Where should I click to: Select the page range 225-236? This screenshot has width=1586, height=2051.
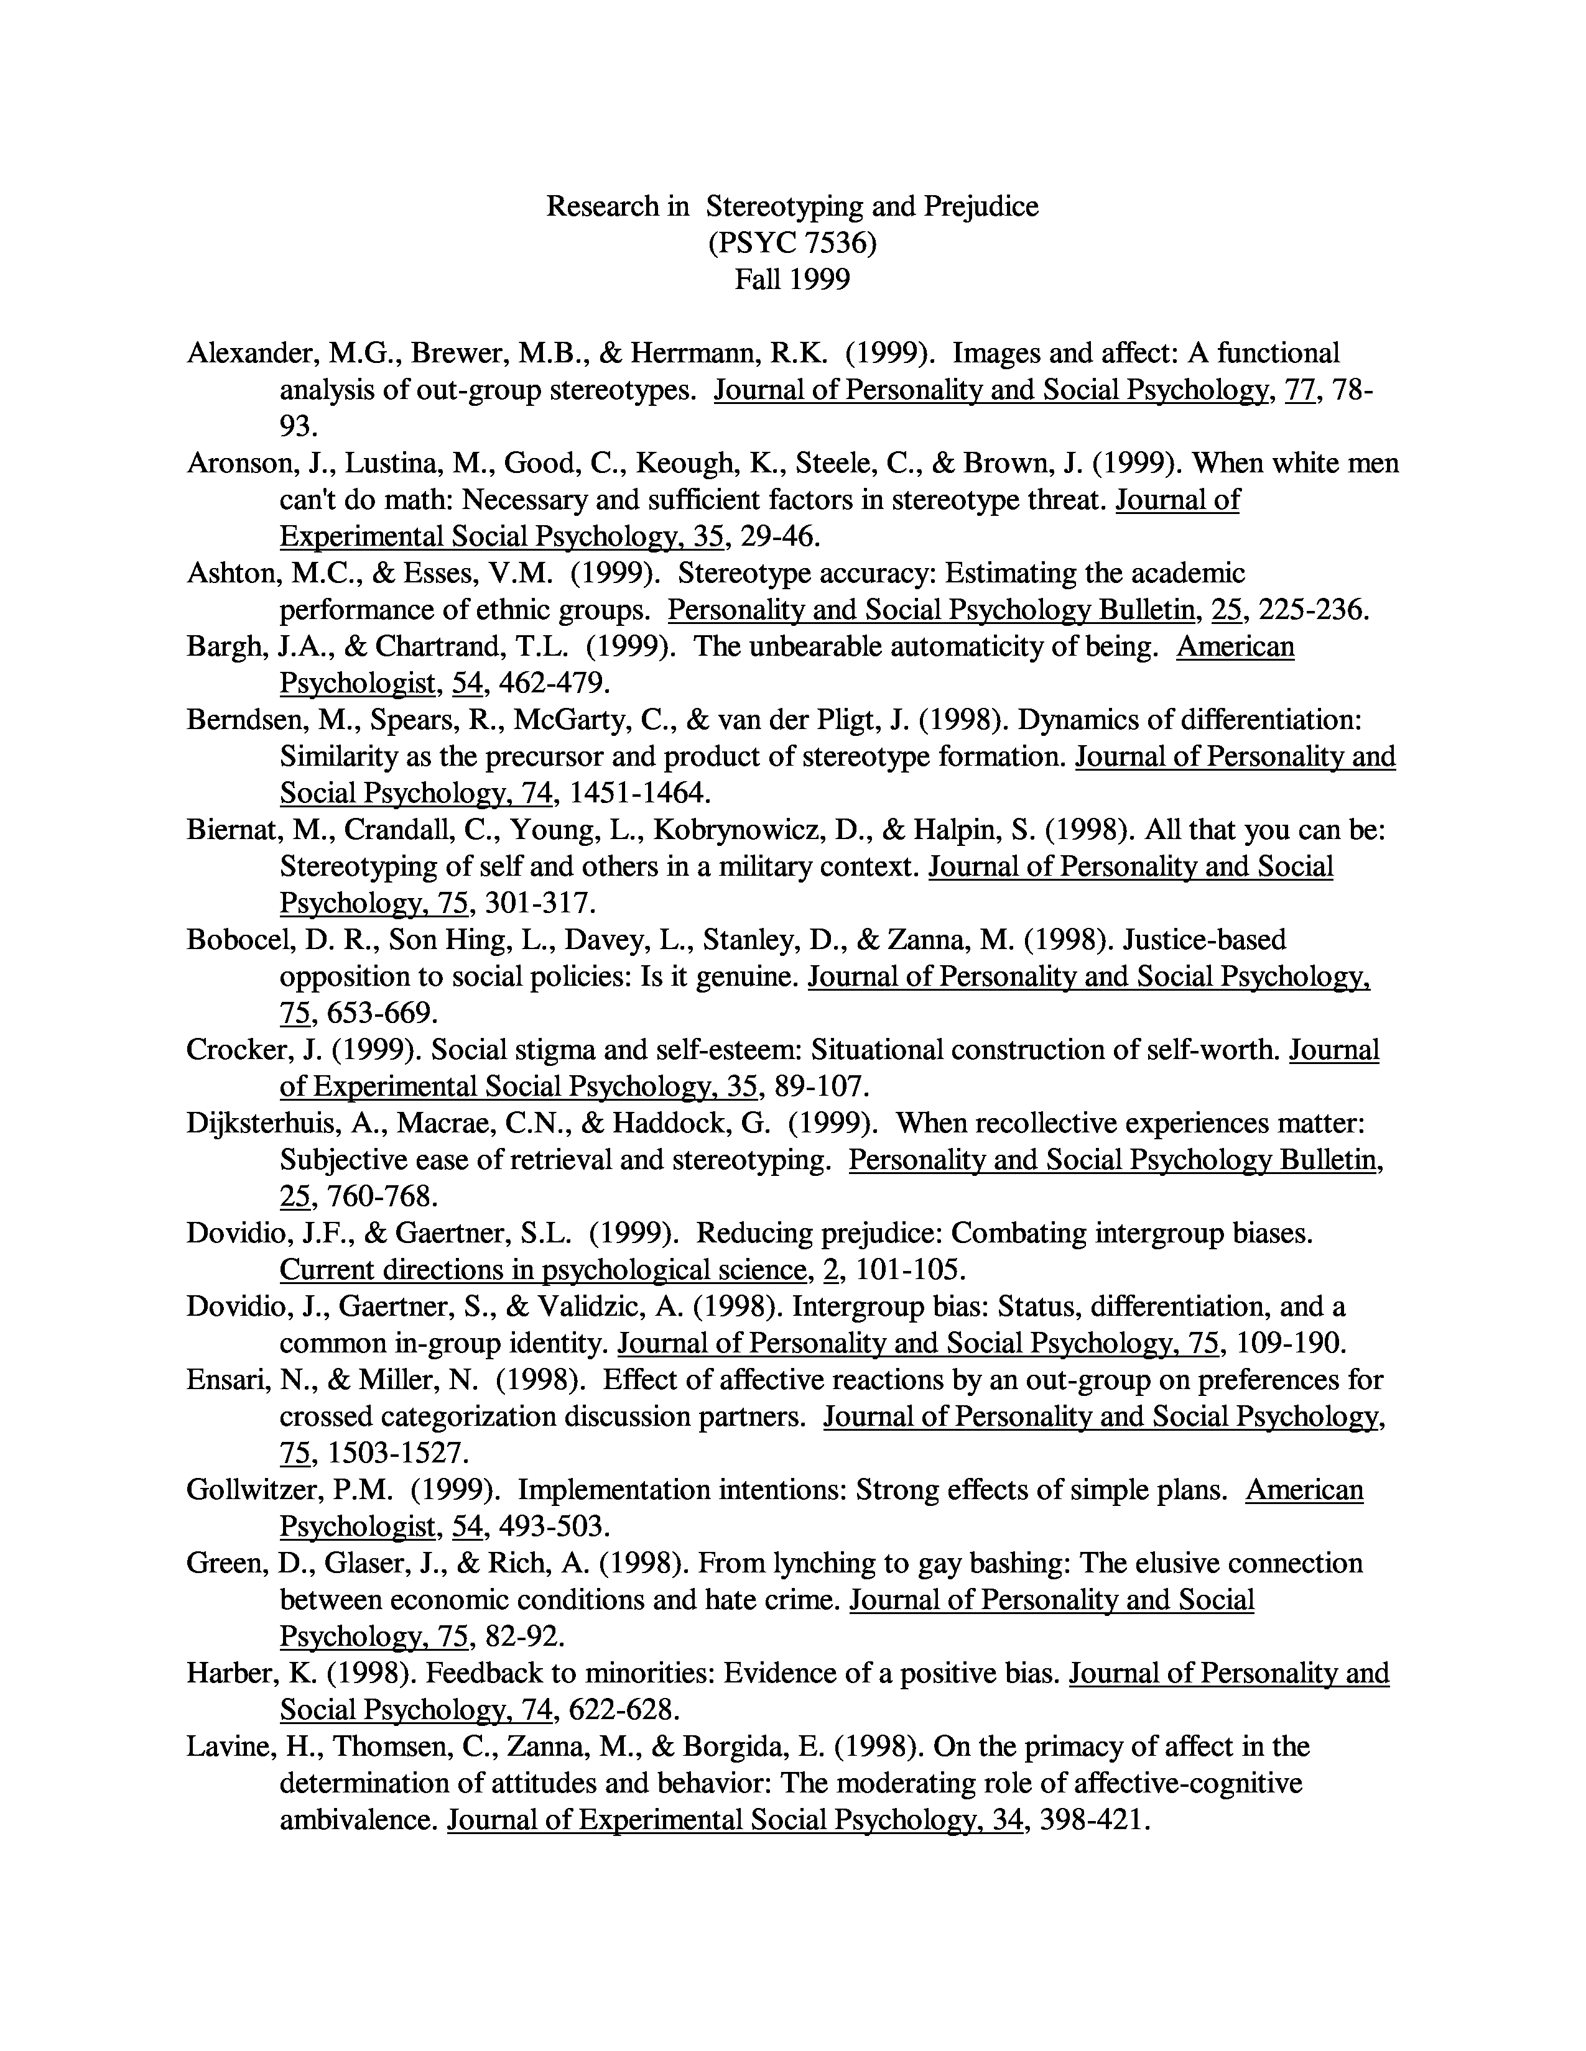pyautogui.click(x=1312, y=610)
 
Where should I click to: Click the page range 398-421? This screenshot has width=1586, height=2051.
pyautogui.click(x=1095, y=1819)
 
